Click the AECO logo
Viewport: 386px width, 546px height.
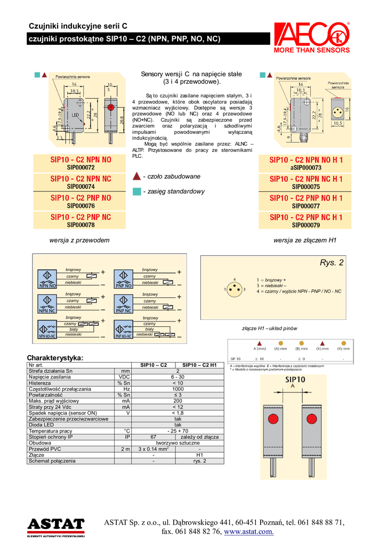[311, 36]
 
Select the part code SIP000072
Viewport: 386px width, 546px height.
[81, 167]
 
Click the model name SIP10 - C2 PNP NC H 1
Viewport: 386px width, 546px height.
[306, 218]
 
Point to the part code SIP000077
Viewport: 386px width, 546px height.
[306, 206]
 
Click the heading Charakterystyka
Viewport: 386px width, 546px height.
[55, 357]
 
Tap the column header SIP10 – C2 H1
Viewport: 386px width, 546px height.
[199, 365]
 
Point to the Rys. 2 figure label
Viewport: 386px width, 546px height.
[332, 263]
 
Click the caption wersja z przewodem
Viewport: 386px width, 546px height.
[79, 240]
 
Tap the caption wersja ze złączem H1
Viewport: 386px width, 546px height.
[305, 240]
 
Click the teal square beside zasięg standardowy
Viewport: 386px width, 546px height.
[136, 191]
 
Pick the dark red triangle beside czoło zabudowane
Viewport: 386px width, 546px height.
[136, 176]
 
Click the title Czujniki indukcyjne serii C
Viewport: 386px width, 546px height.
[78, 26]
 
